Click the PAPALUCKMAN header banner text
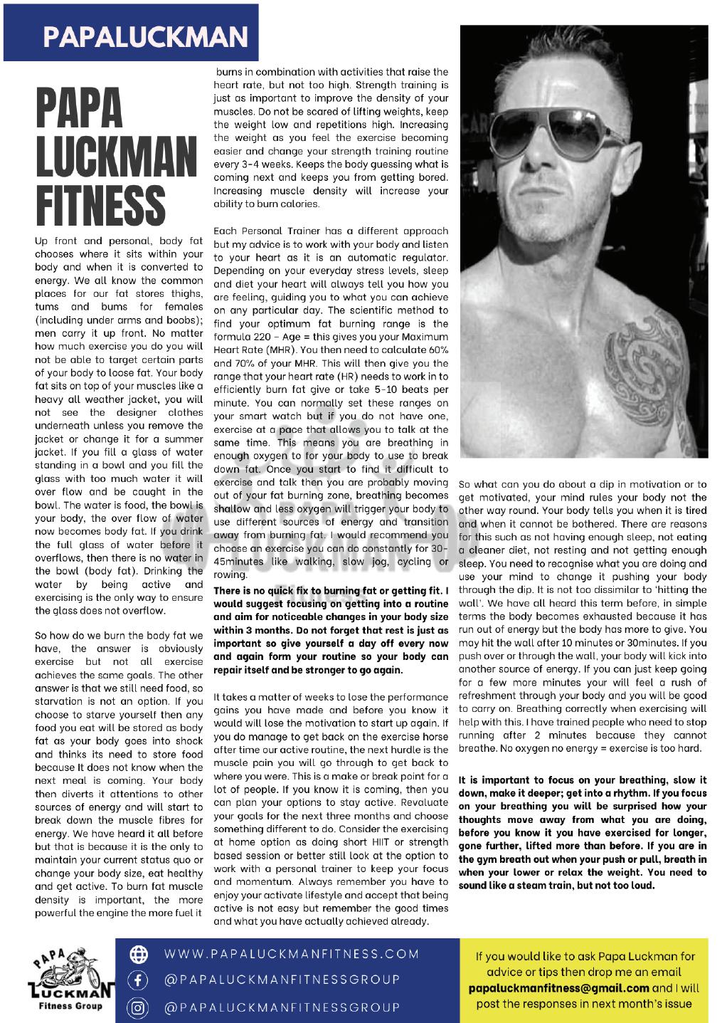[x=144, y=35]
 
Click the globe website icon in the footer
[x=136, y=955]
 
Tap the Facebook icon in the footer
[x=136, y=980]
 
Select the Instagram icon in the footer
[x=136, y=1007]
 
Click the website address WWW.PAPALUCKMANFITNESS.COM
[x=292, y=954]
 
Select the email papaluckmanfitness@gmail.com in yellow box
[x=559, y=988]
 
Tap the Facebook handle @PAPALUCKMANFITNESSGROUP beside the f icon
[x=282, y=980]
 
